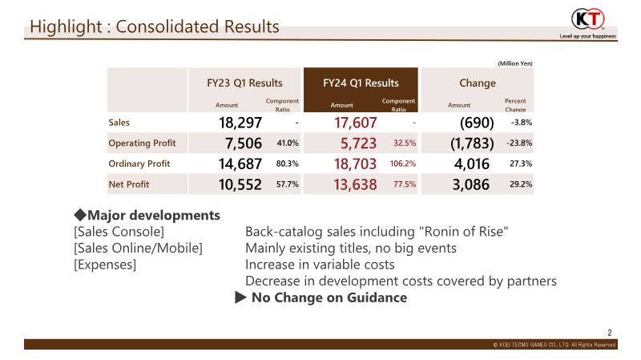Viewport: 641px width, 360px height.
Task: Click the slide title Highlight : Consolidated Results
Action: pos(155,26)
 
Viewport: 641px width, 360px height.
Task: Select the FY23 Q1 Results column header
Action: pos(245,83)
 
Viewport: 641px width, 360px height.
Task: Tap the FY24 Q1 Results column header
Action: pos(361,83)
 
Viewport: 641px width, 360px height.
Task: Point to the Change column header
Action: pos(477,83)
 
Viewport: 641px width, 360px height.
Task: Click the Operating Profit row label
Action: pos(142,144)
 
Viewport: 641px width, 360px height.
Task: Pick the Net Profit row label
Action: pos(132,184)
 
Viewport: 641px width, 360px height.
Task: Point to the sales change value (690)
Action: pos(477,123)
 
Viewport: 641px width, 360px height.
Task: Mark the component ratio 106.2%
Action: pos(402,164)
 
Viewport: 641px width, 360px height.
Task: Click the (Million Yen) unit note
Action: pos(514,63)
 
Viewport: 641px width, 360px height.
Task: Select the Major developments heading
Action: pos(147,216)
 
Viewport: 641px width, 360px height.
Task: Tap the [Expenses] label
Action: pos(104,265)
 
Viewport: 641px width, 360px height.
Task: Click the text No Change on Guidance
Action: pos(329,297)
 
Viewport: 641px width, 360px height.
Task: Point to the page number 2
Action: pos(610,333)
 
